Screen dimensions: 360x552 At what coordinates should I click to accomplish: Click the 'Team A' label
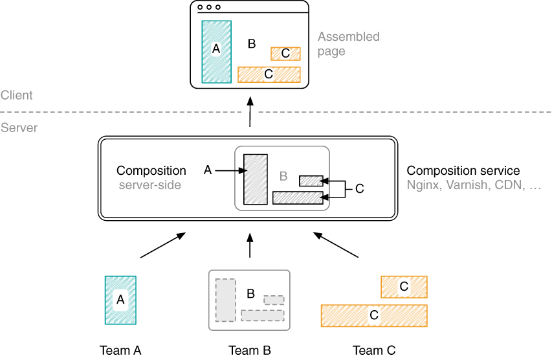(120, 351)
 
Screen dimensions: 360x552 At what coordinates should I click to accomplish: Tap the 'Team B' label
(249, 351)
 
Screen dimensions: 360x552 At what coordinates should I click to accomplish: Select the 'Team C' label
(373, 351)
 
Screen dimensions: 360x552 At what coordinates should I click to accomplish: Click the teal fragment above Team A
(120, 300)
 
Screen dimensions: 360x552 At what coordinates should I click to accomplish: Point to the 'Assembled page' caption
(348, 44)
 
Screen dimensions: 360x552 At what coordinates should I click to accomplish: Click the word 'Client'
(17, 96)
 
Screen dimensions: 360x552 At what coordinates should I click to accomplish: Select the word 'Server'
(19, 128)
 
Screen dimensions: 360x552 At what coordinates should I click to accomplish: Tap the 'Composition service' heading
(463, 171)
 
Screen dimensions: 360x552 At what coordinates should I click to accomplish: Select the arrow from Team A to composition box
(162, 246)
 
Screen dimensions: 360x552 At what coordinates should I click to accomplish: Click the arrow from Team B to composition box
(250, 245)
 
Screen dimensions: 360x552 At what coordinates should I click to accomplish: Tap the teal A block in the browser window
(216, 52)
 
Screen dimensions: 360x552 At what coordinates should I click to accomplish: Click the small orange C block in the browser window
(285, 53)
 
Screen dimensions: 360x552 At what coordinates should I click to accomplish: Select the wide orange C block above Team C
(373, 315)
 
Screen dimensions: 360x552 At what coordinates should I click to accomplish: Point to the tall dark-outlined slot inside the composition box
(256, 179)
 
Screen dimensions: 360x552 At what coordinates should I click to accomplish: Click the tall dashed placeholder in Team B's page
(225, 300)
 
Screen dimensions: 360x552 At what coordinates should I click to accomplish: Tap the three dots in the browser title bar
(209, 8)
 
